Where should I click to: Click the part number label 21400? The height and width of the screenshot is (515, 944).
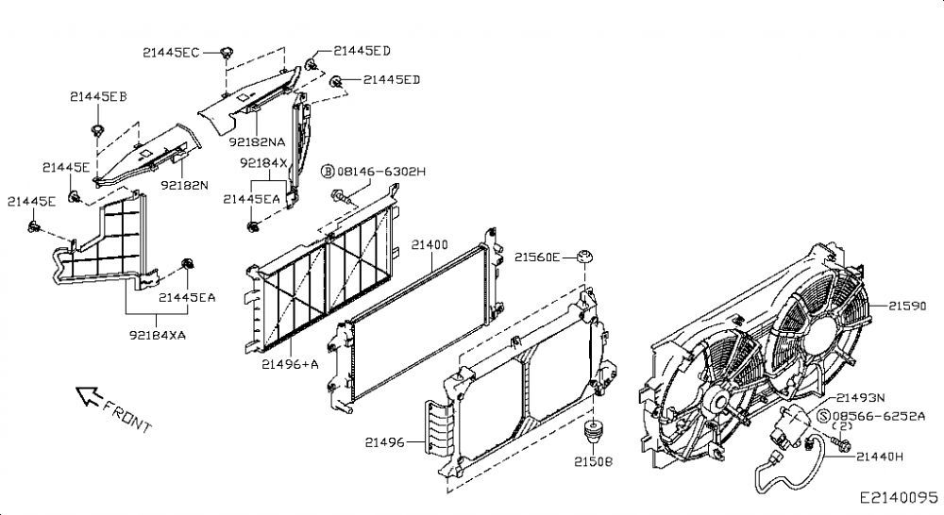tap(430, 245)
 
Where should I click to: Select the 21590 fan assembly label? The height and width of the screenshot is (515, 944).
tap(907, 306)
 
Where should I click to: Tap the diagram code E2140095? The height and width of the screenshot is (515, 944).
tap(899, 498)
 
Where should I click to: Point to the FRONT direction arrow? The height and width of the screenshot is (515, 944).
tap(89, 396)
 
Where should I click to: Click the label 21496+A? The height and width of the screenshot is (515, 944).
tap(290, 364)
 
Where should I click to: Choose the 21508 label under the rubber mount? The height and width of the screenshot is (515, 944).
tap(593, 461)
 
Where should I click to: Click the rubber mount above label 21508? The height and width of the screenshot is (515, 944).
tap(593, 430)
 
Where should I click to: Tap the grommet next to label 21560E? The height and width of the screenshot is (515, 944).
tap(584, 257)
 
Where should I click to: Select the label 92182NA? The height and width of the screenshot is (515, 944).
tap(257, 142)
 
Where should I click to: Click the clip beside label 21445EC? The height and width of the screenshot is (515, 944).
tap(227, 52)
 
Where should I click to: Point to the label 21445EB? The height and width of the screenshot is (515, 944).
tap(98, 96)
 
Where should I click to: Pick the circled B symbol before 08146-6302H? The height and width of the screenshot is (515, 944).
tap(328, 172)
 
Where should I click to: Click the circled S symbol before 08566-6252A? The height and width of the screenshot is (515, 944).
tap(823, 416)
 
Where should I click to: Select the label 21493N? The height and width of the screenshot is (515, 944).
tap(860, 398)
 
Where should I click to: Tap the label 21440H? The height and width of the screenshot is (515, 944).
tap(880, 457)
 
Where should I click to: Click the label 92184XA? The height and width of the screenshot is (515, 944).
tap(157, 335)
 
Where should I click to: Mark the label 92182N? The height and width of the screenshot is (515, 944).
tap(184, 185)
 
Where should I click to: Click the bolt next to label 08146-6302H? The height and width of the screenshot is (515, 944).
tap(341, 197)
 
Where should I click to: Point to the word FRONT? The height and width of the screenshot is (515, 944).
tap(127, 416)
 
